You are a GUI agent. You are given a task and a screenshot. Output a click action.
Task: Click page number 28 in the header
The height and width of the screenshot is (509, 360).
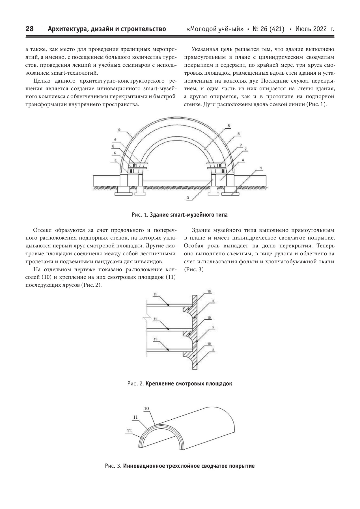(29, 29)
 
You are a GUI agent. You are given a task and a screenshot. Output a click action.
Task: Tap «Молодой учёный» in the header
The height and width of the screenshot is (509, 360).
(215, 29)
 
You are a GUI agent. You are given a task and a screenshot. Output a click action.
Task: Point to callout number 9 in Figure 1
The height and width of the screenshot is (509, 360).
(119, 129)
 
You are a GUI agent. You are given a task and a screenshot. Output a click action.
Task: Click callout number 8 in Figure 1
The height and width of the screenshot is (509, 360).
(113, 146)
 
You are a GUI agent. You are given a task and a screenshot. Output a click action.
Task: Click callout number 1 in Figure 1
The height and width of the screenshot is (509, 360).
(261, 168)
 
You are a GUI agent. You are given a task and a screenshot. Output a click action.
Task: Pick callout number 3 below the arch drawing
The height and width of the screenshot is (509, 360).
(188, 198)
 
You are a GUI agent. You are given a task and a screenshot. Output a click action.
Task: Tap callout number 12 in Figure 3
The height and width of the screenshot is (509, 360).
(129, 431)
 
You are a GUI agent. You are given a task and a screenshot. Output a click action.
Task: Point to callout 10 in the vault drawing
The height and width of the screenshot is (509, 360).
(146, 408)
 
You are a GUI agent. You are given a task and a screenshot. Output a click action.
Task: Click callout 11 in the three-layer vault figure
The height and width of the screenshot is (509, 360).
(135, 417)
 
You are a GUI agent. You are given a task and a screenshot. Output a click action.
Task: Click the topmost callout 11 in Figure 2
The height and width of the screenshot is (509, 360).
(155, 294)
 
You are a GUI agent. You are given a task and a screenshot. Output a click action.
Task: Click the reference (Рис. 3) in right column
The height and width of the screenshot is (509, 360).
(194, 269)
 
